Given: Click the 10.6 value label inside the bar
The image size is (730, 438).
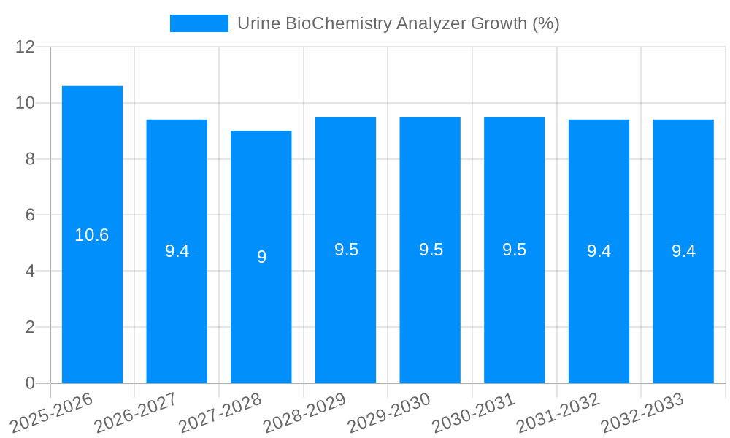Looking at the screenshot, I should click(x=92, y=235).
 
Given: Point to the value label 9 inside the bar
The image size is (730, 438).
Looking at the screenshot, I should click(x=261, y=257).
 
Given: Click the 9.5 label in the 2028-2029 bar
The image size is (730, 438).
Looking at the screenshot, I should click(x=346, y=250).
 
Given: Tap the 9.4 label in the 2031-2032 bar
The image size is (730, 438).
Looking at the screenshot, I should click(x=599, y=251).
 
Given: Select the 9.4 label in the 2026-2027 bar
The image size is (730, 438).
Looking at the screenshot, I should click(x=177, y=251).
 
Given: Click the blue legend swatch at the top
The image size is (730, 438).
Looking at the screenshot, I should click(x=199, y=23).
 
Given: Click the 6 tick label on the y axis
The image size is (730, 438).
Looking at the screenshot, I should click(x=30, y=215).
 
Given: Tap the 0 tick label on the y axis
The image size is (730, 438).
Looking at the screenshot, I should click(x=30, y=383).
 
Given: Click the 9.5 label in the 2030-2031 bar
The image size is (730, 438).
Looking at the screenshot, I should click(x=514, y=250).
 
